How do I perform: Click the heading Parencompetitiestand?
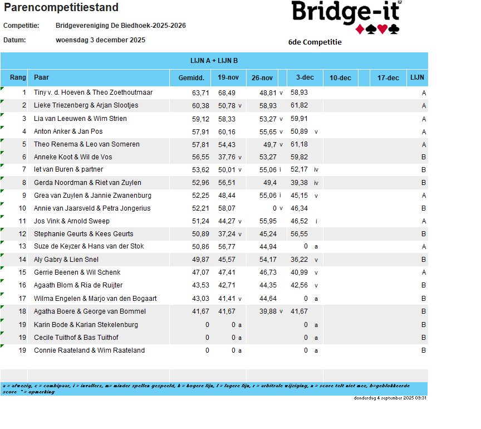click(61, 8)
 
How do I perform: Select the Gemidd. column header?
click(191, 78)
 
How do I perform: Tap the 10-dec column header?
click(340, 78)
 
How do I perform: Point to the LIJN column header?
click(417, 78)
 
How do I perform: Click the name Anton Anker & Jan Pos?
click(68, 131)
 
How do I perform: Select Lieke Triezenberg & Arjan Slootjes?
click(86, 105)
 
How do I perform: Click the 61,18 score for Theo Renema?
click(299, 144)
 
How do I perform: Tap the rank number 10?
click(22, 208)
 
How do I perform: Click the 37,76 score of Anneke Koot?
click(227, 157)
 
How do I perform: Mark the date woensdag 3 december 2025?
click(101, 40)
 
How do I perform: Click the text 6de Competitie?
click(315, 42)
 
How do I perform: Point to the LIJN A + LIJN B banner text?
click(214, 61)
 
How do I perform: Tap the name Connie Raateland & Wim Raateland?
click(89, 350)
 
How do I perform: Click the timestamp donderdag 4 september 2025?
click(390, 398)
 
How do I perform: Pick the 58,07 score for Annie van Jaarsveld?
click(227, 208)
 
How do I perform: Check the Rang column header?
click(18, 77)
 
